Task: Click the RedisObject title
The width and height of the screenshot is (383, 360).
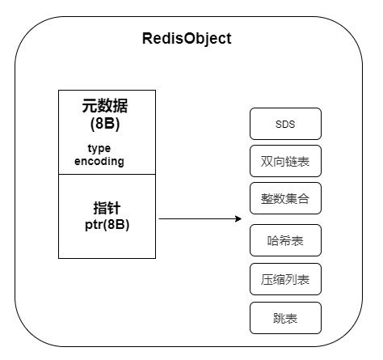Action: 187,39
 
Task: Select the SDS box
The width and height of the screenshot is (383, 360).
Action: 285,124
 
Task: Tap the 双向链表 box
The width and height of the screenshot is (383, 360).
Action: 285,161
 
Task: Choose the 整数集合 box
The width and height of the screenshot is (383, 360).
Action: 285,198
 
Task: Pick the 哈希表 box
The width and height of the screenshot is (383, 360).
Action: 285,240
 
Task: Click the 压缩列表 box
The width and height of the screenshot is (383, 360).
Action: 285,279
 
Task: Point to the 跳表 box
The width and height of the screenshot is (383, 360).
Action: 285,318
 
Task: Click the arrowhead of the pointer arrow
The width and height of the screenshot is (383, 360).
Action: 238,218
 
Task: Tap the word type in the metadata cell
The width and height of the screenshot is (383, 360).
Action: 99,149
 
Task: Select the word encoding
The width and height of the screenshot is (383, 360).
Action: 99,162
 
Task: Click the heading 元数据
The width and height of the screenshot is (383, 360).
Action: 105,105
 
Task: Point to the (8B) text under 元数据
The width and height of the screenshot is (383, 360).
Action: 105,124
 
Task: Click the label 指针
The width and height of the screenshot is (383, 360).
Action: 107,208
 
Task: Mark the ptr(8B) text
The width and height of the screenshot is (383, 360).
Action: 107,224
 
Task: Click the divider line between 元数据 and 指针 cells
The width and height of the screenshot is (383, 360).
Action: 107,174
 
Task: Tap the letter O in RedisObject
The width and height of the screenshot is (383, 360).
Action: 191,38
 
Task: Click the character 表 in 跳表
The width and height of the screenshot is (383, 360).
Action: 292,318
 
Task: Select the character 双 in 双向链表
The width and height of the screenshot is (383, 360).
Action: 267,161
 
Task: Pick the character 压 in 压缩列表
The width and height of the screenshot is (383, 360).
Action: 267,279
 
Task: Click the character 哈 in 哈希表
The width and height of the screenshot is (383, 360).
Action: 273,240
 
